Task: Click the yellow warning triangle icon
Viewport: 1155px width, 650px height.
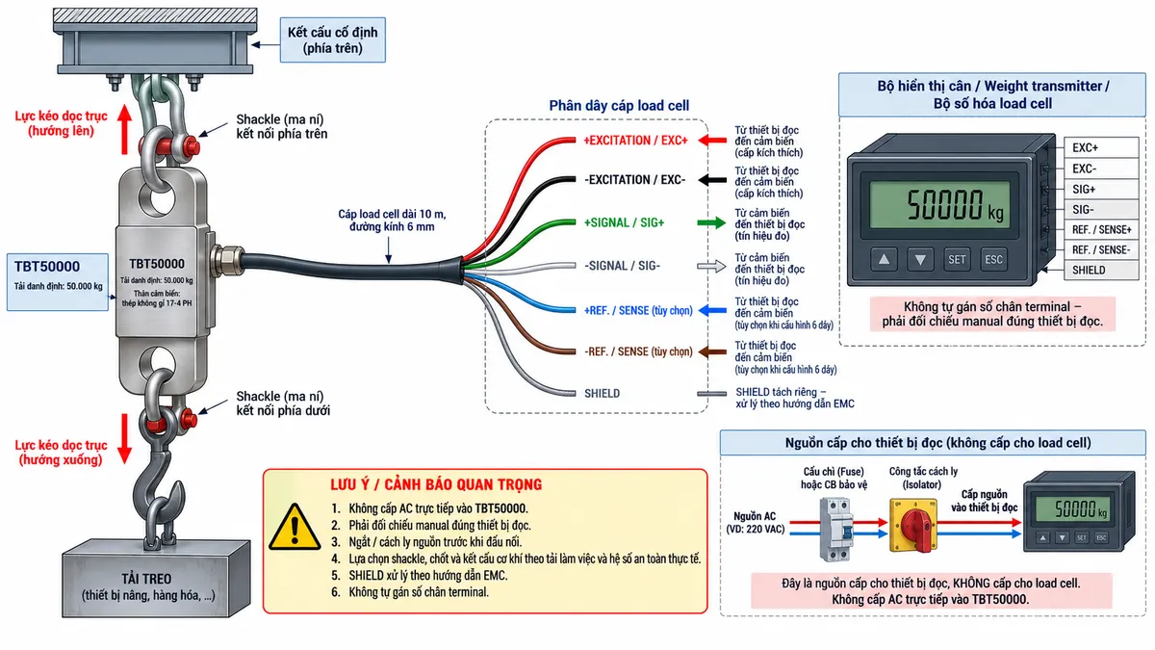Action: [x=295, y=528]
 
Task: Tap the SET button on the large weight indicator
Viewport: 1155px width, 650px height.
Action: [x=957, y=259]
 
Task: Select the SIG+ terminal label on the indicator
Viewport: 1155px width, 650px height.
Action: [x=1084, y=190]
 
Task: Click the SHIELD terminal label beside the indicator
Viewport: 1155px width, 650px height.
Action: [x=1089, y=270]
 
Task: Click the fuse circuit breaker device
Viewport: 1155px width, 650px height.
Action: [x=835, y=530]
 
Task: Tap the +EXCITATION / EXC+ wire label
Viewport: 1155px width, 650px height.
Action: [x=635, y=141]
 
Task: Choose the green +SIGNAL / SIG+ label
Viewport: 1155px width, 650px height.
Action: [x=624, y=222]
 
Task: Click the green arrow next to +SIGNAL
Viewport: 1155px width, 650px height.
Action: [x=711, y=222]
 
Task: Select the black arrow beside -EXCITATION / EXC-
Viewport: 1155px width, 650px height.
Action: [x=712, y=180]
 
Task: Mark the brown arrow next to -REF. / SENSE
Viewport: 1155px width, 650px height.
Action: [x=712, y=352]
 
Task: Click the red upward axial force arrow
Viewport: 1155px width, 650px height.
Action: [x=124, y=129]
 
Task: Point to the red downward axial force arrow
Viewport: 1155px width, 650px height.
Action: [x=124, y=438]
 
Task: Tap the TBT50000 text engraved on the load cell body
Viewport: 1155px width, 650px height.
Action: [x=157, y=264]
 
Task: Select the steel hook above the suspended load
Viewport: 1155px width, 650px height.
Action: [x=158, y=495]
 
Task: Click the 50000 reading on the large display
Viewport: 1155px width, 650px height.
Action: [x=944, y=205]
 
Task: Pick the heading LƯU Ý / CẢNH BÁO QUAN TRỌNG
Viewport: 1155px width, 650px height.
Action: [x=436, y=484]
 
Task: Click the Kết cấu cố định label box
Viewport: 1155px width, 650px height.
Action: [x=333, y=40]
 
